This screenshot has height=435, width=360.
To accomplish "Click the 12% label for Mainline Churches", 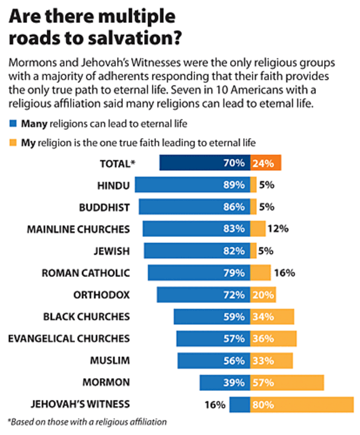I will point(277,228).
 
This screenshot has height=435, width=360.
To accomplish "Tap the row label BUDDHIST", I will point(104,207).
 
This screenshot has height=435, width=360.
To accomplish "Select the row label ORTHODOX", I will point(102,295).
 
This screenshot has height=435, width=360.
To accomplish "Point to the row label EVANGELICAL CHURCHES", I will point(69,338).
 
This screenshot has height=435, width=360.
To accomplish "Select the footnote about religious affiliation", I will point(87,421).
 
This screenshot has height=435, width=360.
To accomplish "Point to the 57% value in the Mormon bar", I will point(262,382).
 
